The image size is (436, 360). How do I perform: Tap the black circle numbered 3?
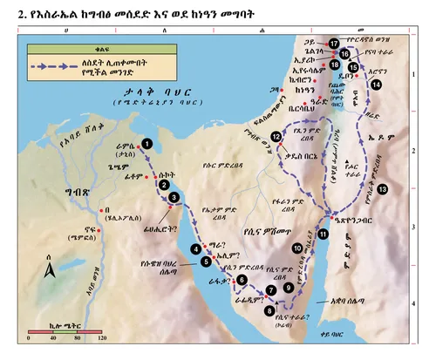pyautogui.click(x=174, y=198)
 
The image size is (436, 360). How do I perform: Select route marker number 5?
pyautogui.click(x=207, y=261)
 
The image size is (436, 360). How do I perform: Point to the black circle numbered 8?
pyautogui.click(x=269, y=309)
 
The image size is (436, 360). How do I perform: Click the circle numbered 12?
pyautogui.click(x=276, y=137)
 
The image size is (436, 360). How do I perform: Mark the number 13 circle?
pyautogui.click(x=383, y=188)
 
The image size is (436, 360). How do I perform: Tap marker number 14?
pyautogui.click(x=376, y=85)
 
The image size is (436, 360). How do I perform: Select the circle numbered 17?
pyautogui.click(x=335, y=44)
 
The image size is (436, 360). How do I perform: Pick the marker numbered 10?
pyautogui.click(x=297, y=248)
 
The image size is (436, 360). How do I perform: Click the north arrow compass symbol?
pyautogui.click(x=49, y=274)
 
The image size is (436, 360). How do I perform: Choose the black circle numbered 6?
pyautogui.click(x=242, y=279)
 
